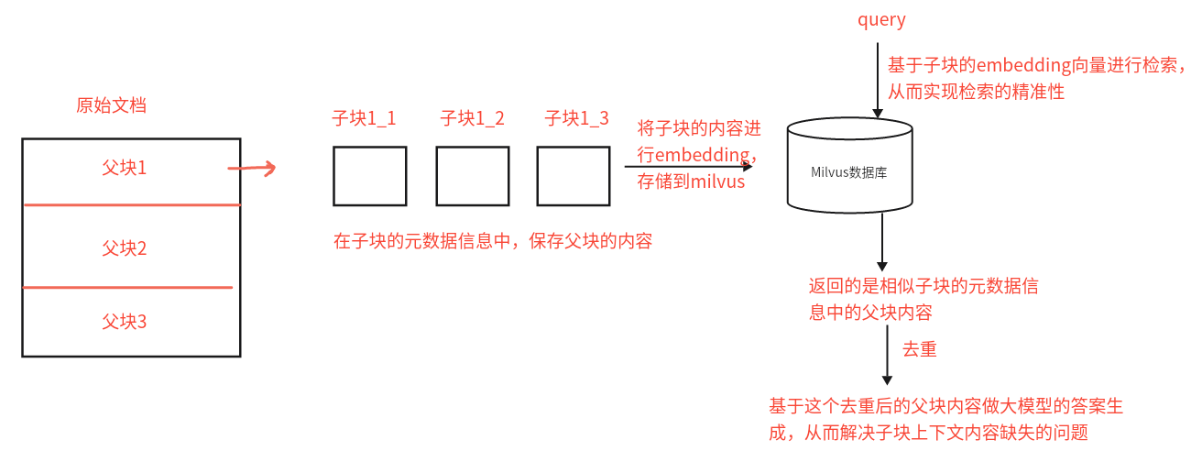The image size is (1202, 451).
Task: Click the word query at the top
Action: pyautogui.click(x=881, y=20)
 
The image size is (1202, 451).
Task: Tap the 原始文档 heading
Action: pyautogui.click(x=111, y=105)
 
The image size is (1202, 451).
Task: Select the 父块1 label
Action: pyautogui.click(x=124, y=168)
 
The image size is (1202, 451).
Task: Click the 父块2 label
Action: pyautogui.click(x=124, y=248)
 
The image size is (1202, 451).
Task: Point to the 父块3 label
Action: pyautogui.click(x=124, y=322)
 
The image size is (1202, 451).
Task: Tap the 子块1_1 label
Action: pyautogui.click(x=364, y=118)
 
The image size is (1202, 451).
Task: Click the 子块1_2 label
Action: pyautogui.click(x=472, y=118)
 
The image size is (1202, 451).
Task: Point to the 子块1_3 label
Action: pyautogui.click(x=577, y=118)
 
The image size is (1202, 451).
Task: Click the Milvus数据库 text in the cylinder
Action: pyautogui.click(x=849, y=172)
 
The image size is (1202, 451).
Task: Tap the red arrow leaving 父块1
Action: pyautogui.click(x=252, y=168)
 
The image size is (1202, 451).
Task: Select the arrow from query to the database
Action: pyautogui.click(x=878, y=80)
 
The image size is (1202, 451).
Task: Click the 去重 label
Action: pyautogui.click(x=920, y=349)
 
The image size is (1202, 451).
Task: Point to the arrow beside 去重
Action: pyautogui.click(x=887, y=356)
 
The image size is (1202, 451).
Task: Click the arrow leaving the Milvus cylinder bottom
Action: pyautogui.click(x=881, y=242)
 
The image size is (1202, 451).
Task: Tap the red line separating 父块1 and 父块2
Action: pyautogui.click(x=132, y=205)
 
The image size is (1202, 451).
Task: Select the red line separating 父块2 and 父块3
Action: pyautogui.click(x=127, y=288)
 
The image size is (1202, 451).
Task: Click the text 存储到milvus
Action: pyautogui.click(x=691, y=181)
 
